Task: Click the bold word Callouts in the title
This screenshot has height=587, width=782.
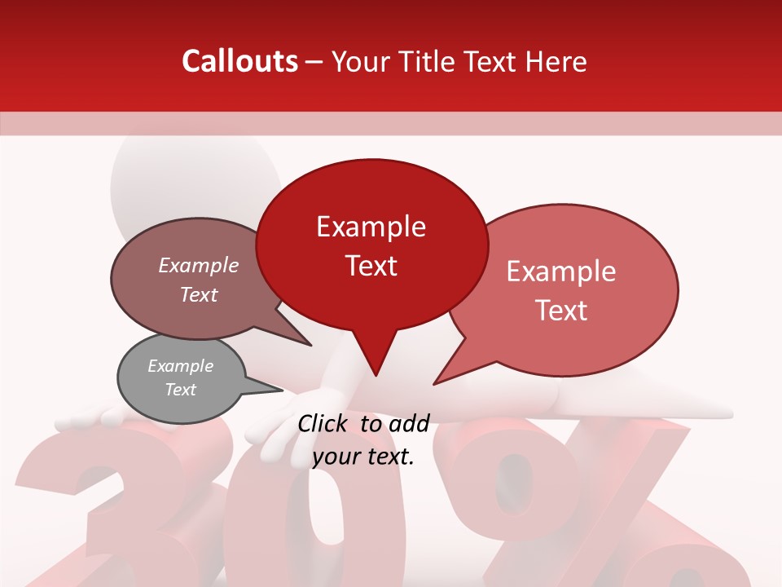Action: coord(239,61)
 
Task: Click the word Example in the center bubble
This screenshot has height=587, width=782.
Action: coord(371,227)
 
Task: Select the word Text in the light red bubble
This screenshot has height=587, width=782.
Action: coord(562,311)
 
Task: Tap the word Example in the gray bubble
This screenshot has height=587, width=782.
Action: coord(180,366)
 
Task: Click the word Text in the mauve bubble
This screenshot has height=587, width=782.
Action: coord(198,295)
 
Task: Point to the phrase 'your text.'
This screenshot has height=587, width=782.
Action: coord(363,457)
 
